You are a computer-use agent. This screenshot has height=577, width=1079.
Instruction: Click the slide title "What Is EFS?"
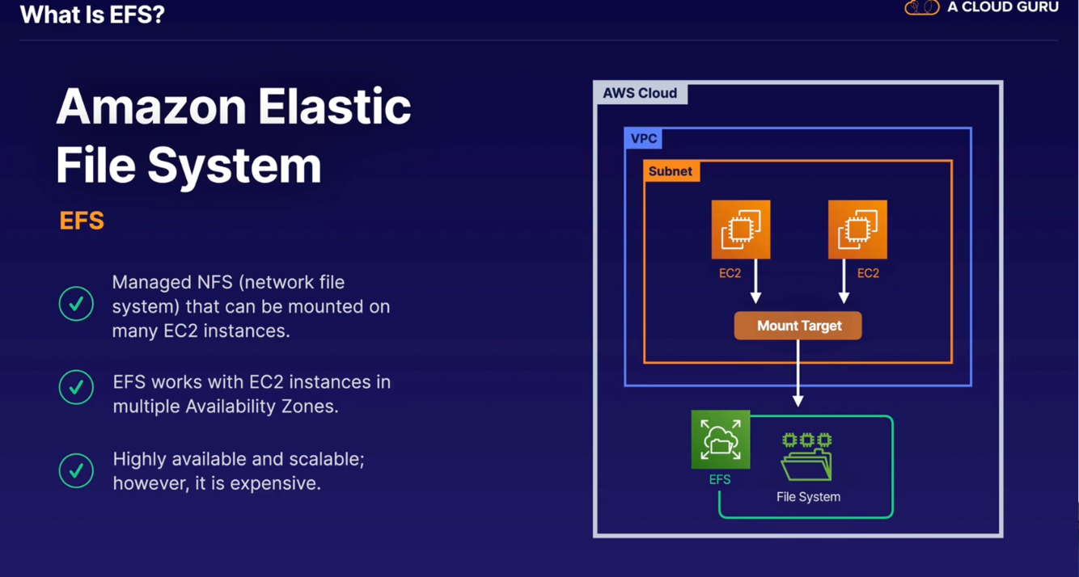pos(92,15)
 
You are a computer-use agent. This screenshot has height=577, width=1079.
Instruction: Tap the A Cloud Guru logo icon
pos(922,7)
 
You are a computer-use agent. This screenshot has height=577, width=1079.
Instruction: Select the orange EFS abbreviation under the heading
pos(82,221)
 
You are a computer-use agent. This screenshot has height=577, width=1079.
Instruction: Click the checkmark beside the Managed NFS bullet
pos(76,304)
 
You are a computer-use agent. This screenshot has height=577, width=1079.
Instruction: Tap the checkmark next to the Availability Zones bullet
pos(76,387)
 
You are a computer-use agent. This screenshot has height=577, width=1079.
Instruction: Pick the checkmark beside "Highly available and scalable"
pos(76,470)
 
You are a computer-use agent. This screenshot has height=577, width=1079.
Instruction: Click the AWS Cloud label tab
pos(640,93)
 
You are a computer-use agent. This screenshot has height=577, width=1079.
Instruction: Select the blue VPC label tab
pos(644,139)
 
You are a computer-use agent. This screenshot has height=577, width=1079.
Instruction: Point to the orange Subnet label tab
pos(671,171)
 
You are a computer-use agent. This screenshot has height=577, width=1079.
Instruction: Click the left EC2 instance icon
pos(741,230)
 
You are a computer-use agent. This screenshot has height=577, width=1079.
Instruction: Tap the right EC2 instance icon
pos(857,230)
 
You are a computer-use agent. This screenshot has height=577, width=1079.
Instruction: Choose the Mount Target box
pos(798,326)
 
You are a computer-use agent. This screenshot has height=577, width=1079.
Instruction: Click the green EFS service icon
pos(721,440)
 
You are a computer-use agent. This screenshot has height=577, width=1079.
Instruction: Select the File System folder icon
pos(807,457)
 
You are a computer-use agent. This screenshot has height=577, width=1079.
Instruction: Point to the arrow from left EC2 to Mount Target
pos(755,281)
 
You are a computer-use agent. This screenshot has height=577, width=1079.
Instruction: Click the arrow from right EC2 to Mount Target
pos(844,281)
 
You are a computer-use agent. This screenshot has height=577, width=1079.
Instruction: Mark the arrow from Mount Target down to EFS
pos(798,373)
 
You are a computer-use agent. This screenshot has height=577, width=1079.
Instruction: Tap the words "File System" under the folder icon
pos(808,497)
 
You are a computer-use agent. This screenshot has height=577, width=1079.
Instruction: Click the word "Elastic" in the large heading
pos(334,107)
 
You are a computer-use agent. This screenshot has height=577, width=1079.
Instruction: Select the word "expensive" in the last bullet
pos(275,483)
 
